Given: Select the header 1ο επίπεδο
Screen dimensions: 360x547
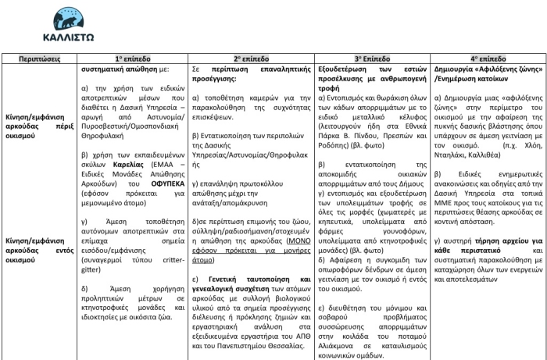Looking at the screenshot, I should click(130, 59).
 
